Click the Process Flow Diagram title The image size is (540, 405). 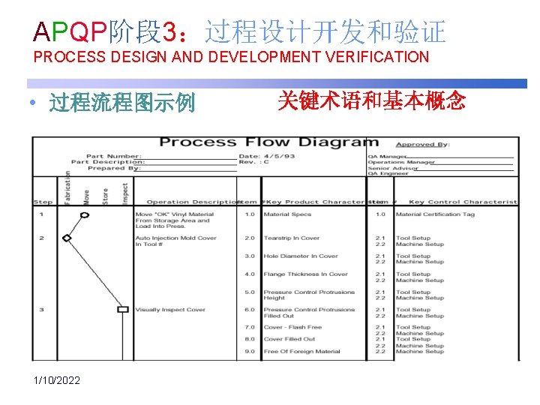[269, 142]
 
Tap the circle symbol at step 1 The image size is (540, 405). [85, 214]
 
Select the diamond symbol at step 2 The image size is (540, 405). [67, 238]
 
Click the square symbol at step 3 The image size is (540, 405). [123, 309]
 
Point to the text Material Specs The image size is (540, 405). [287, 214]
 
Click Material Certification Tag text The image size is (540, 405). [435, 214]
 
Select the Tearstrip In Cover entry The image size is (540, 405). [291, 238]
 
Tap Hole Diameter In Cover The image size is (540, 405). [301, 256]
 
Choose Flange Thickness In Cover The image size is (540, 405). [305, 274]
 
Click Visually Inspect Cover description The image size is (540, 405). [170, 310]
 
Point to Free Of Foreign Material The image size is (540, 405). [301, 351]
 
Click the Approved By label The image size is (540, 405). [423, 144]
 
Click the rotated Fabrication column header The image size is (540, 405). [67, 188]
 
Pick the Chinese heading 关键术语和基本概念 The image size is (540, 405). [371, 100]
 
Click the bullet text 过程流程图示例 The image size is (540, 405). [121, 102]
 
